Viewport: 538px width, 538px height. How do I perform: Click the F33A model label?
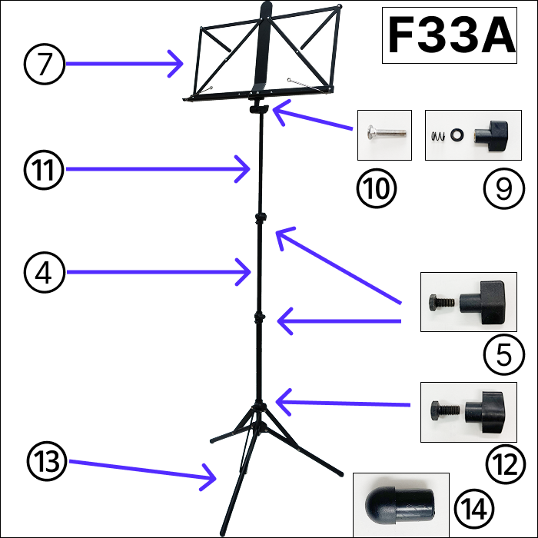[x=450, y=35]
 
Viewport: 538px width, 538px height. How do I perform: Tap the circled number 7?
[x=45, y=65]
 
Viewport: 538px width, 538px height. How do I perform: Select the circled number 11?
[x=45, y=168]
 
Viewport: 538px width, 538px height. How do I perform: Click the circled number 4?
[x=45, y=272]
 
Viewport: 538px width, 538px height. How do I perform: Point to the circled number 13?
[x=45, y=460]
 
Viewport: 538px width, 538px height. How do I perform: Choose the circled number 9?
[x=503, y=187]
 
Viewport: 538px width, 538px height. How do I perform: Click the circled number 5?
[x=503, y=355]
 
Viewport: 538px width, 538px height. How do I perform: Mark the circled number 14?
[x=471, y=508]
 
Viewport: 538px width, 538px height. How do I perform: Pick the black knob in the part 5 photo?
[x=485, y=301]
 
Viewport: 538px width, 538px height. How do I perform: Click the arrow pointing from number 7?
[x=123, y=65]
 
